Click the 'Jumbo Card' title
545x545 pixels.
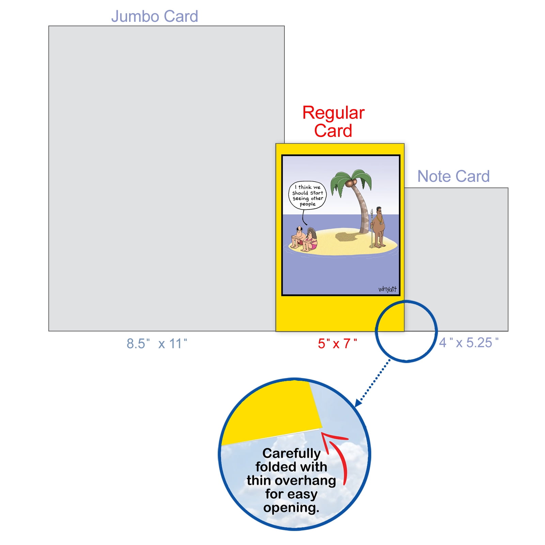click(x=155, y=16)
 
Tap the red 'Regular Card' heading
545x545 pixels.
click(x=333, y=122)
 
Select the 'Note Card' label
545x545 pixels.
click(x=453, y=176)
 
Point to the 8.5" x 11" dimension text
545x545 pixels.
click(x=157, y=344)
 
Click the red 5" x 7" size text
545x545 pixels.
click(x=338, y=344)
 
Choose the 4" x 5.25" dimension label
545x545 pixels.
click(x=469, y=343)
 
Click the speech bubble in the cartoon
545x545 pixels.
click(x=307, y=196)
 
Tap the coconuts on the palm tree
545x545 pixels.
click(x=351, y=183)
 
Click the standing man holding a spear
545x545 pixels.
click(x=377, y=227)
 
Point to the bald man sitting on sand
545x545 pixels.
click(x=298, y=237)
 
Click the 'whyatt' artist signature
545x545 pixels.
click(x=388, y=289)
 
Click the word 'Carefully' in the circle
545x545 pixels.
click(x=292, y=454)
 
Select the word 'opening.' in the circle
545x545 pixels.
click(x=292, y=508)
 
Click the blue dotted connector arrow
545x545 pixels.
click(x=373, y=383)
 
